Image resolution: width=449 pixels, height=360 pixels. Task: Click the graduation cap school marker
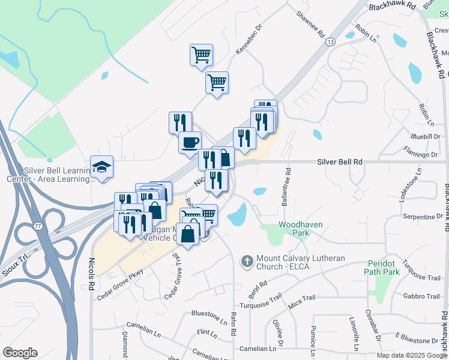(x=102, y=167)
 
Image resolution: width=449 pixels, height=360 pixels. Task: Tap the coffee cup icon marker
(x=190, y=143)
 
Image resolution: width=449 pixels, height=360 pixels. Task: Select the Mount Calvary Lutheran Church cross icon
(x=246, y=262)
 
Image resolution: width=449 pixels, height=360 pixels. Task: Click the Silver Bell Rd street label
(x=340, y=162)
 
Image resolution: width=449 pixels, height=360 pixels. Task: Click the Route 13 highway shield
(x=330, y=41)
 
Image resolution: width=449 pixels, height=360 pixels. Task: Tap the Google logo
(x=20, y=353)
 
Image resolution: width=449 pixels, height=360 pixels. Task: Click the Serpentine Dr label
(x=423, y=216)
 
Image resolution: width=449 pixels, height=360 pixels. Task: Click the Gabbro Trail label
(x=421, y=296)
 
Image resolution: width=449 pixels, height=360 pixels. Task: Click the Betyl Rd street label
(x=256, y=290)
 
